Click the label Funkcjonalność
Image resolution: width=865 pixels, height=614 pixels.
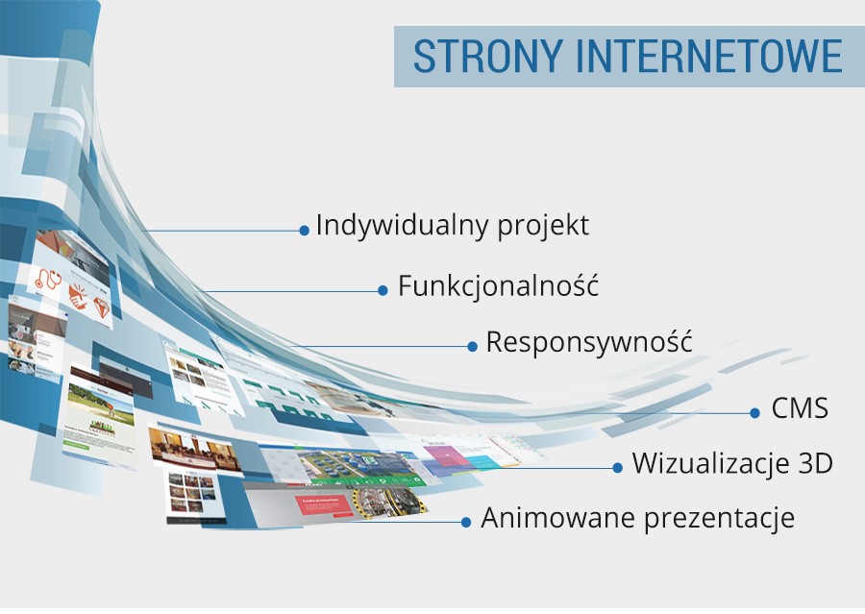[x=498, y=286]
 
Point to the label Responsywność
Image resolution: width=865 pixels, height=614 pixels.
[x=588, y=343]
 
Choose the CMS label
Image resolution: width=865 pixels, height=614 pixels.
[x=800, y=409]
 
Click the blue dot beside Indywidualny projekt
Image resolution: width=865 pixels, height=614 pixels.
[x=305, y=231]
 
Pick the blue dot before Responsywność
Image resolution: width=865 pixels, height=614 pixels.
[x=473, y=346]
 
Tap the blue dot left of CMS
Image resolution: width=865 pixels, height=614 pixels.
[x=755, y=412]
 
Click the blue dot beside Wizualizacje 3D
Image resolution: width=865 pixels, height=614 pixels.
[x=618, y=468]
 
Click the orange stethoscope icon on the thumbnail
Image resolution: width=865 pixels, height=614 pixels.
[x=49, y=280]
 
